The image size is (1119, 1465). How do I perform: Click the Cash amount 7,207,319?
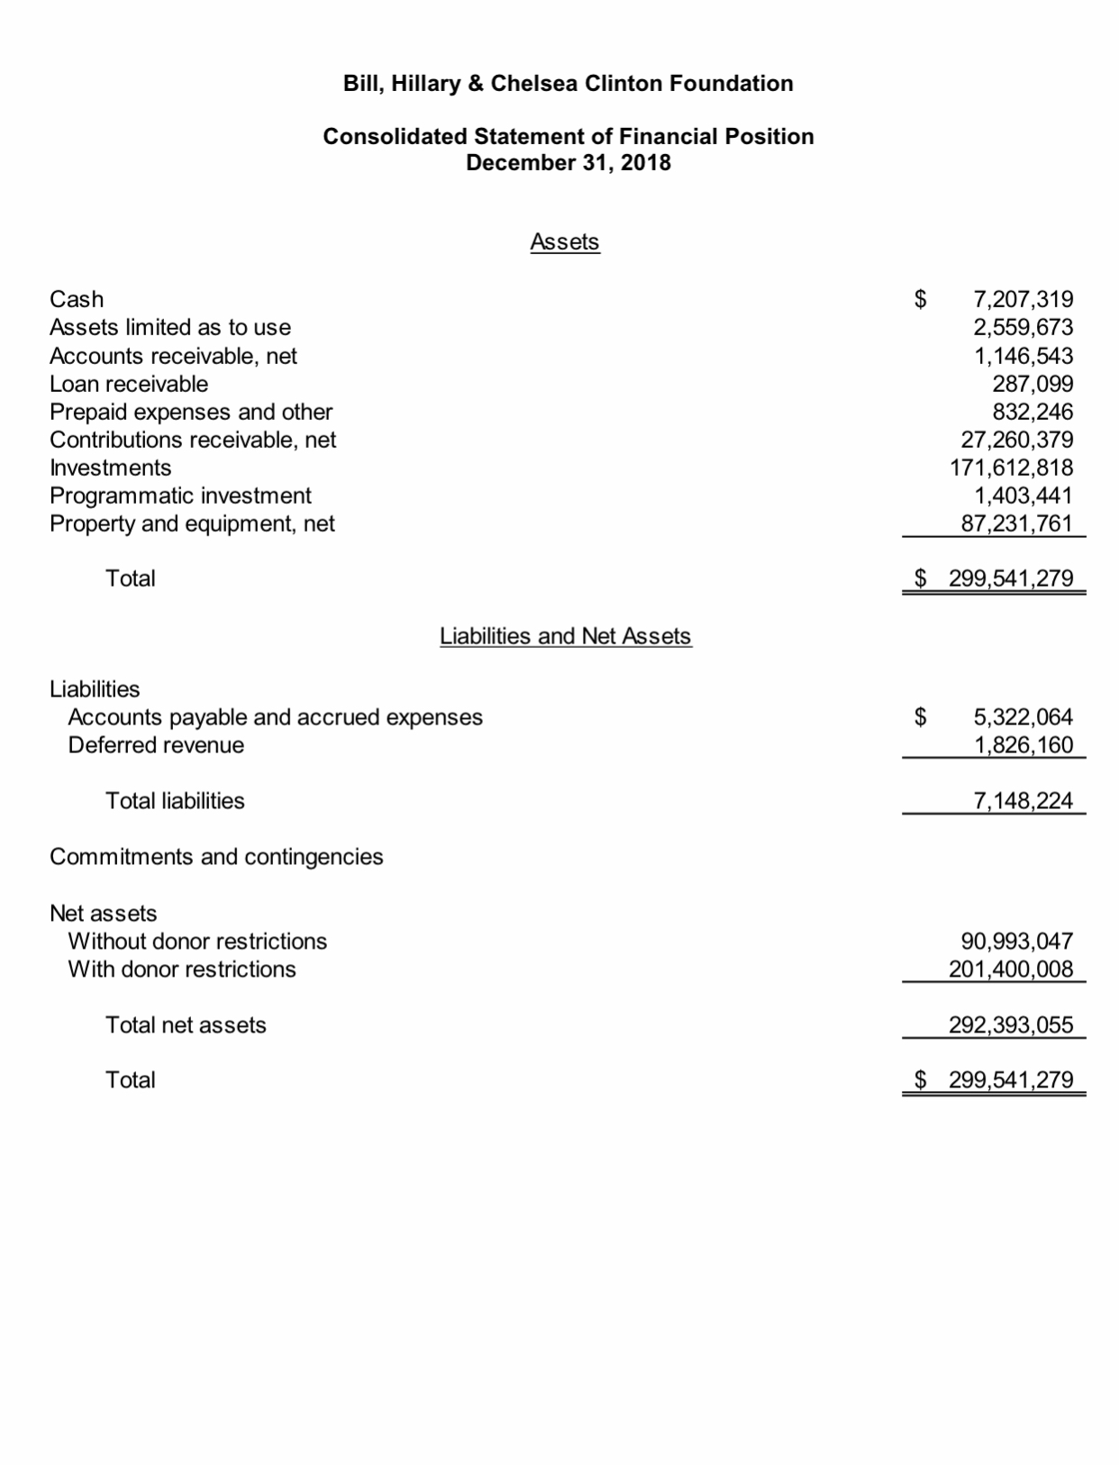coord(1023,299)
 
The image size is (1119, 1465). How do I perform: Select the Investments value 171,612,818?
coord(1012,468)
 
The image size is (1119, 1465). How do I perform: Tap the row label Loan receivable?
coord(129,384)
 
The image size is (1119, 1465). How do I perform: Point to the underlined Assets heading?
coord(565,241)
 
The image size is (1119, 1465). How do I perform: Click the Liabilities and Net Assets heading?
coord(565,636)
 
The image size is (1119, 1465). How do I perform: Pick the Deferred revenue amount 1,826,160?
coord(1023,745)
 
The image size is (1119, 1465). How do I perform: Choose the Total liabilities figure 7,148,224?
coord(1023,801)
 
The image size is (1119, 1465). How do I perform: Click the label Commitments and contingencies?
coord(216,857)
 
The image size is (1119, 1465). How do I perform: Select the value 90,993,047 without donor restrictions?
coord(1017,942)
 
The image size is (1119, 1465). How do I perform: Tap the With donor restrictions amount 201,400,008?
coord(1011,969)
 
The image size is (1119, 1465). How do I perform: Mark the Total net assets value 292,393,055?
coord(1011,1025)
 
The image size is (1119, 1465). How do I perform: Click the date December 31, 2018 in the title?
coord(568,163)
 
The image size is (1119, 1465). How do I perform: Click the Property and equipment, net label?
coord(192,523)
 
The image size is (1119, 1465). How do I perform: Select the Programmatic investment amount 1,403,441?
coord(1023,496)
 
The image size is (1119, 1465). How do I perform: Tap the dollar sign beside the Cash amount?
coord(921,299)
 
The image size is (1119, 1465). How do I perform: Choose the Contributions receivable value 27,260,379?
coord(1017,440)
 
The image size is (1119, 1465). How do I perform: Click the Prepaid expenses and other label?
coord(191,412)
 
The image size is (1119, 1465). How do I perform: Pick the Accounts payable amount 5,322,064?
coord(1023,717)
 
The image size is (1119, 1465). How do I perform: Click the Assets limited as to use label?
coord(170,327)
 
